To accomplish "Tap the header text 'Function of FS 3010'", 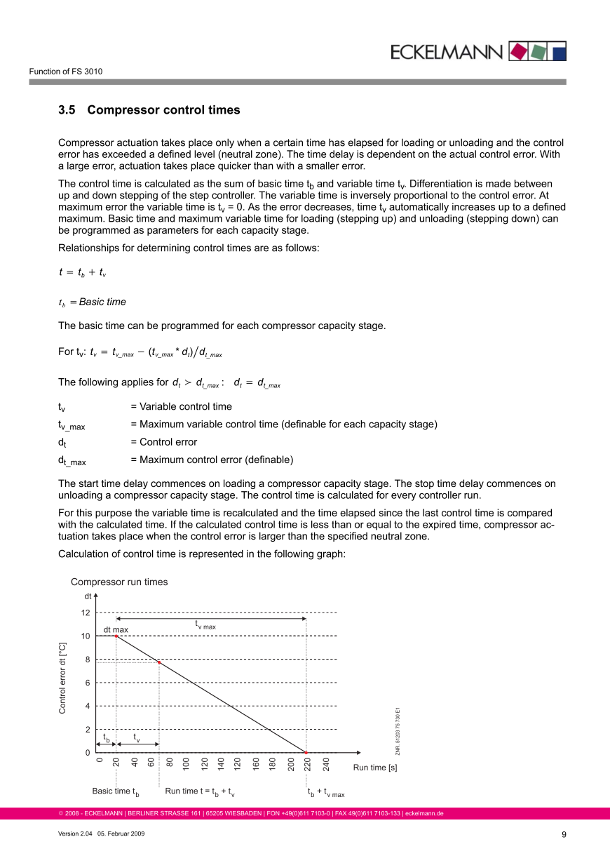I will point(66,72).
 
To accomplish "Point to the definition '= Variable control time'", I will point(181,407).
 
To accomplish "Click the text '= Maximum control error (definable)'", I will point(212,460).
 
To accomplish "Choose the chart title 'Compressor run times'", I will point(119,582).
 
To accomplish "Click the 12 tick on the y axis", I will point(86,613).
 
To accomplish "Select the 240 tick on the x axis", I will point(326,765).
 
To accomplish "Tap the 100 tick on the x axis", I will point(186,765).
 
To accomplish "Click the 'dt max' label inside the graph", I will point(116,629).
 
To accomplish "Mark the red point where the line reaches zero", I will point(306,753).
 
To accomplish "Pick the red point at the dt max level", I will point(116,636).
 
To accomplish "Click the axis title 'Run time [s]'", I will point(375,768).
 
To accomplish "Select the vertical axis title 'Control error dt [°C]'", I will point(62,678).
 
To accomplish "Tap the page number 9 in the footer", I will point(564,834).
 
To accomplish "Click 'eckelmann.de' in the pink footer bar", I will point(423,814).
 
